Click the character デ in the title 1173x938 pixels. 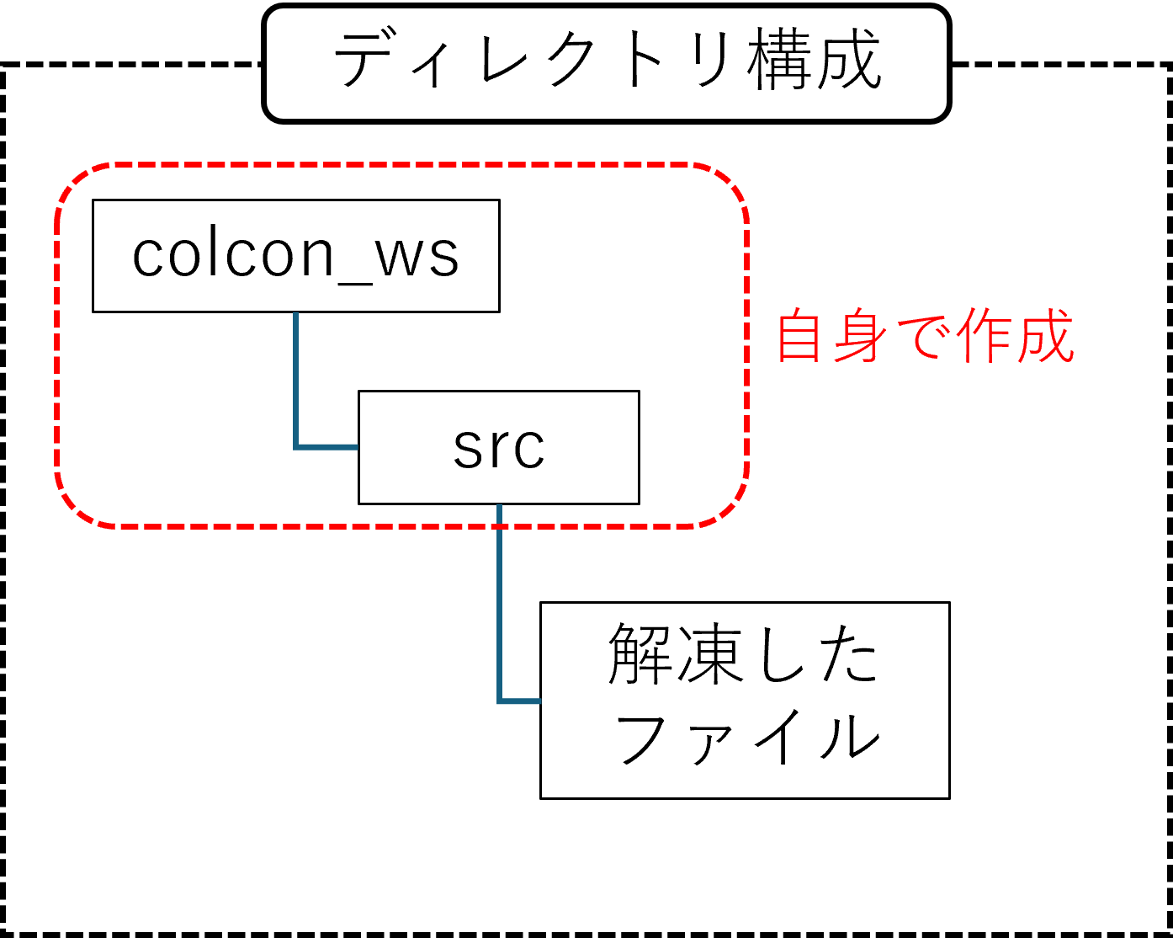point(367,61)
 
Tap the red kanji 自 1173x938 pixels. point(799,336)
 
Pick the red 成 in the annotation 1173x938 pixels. point(1044,336)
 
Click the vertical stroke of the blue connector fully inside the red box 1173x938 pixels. point(296,379)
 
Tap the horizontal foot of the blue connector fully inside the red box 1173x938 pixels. point(328,447)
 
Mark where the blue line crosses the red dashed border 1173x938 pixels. point(500,526)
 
